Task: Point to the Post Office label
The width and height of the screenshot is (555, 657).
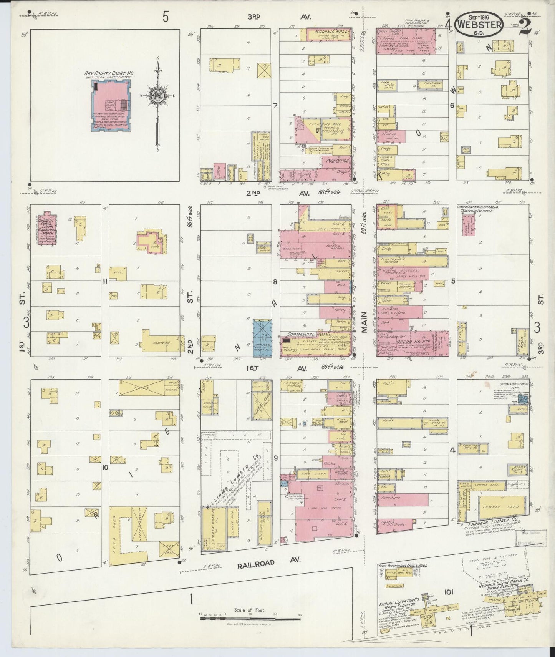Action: point(333,162)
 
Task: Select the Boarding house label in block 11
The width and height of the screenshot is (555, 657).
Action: point(161,343)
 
